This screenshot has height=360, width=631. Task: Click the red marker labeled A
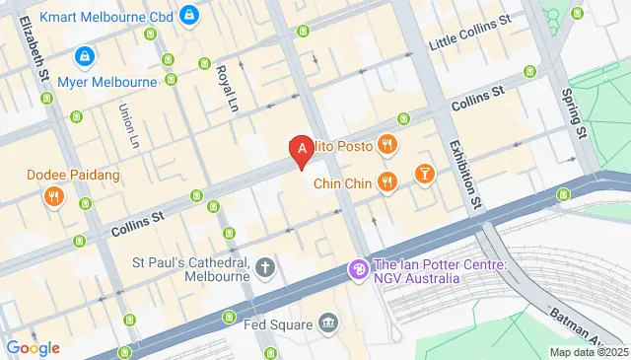pos(302,150)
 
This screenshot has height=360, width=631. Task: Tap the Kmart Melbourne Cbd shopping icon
pos(190,15)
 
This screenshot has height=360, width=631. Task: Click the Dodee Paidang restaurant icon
pos(53,195)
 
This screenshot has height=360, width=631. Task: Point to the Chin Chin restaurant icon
pos(387,181)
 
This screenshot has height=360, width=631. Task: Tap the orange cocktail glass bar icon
pos(424,174)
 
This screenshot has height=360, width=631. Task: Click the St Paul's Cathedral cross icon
pos(264,266)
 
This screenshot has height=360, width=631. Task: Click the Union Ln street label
pos(128,126)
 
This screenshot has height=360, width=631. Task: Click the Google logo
pos(33,347)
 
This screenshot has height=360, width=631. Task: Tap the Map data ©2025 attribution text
pos(588,352)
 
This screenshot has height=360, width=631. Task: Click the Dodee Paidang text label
pos(74,176)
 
